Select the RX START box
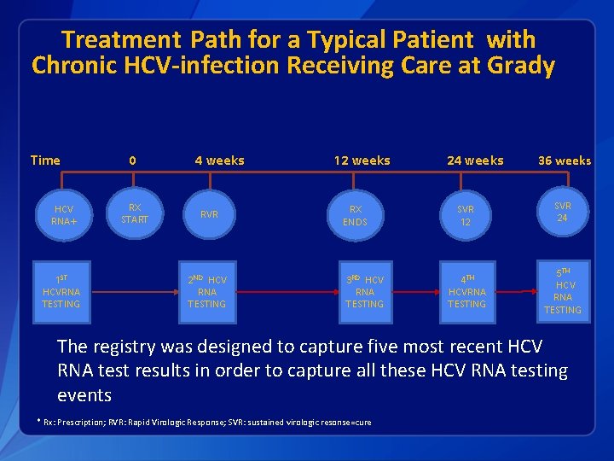tap(134, 213)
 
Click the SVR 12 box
tap(465, 215)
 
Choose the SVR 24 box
tap(562, 212)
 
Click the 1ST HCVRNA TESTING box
tap(61, 292)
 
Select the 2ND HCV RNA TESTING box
tap(207, 292)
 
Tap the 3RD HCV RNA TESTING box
tap(364, 292)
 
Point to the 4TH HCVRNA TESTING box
tap(466, 292)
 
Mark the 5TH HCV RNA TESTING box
tap(562, 291)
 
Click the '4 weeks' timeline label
tap(219, 160)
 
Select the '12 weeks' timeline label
tap(362, 160)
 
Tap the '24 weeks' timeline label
tap(475, 160)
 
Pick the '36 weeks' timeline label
tap(564, 161)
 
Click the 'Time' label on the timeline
tap(45, 160)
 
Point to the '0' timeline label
tap(132, 160)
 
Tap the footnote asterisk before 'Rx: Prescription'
tap(38, 422)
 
